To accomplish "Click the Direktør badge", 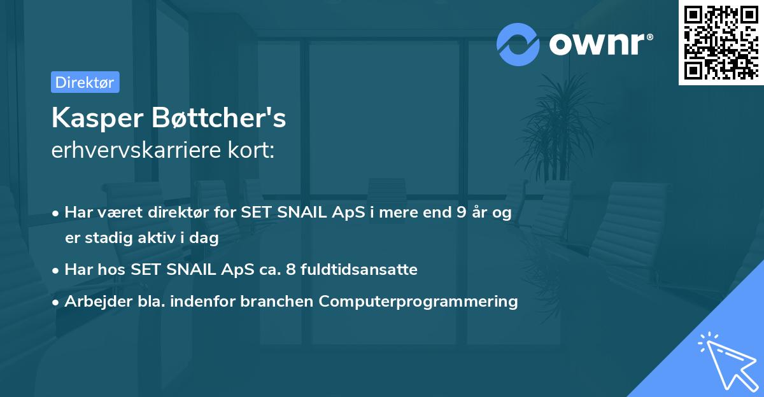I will [85, 82].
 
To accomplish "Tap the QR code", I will [721, 43].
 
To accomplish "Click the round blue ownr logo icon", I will [518, 44].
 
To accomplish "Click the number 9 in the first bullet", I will [461, 213].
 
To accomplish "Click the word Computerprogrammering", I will [418, 302].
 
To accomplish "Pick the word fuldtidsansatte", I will [361, 270].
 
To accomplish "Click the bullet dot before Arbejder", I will [57, 302].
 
